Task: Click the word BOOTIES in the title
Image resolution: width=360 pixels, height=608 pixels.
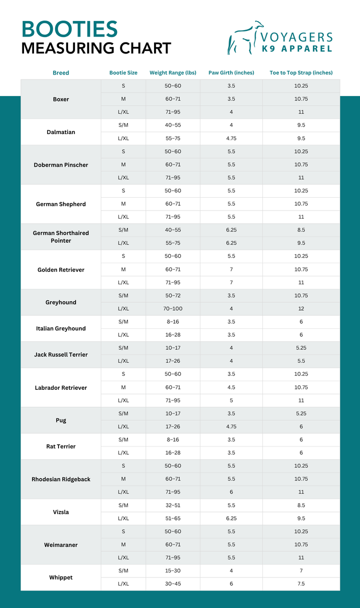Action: [69, 29]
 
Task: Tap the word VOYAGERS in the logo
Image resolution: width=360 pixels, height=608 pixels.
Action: [297, 37]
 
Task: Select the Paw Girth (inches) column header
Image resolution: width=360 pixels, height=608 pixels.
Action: [231, 73]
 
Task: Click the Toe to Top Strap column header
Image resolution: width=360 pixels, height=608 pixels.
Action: [301, 73]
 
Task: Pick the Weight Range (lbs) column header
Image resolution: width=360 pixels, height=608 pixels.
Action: [173, 73]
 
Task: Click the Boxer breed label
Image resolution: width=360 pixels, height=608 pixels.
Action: [61, 99]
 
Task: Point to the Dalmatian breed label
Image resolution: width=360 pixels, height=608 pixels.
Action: [61, 132]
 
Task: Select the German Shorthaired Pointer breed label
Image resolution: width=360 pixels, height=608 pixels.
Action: [61, 237]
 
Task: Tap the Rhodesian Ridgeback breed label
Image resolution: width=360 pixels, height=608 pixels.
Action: [61, 479]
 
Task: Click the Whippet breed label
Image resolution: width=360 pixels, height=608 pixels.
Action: [61, 577]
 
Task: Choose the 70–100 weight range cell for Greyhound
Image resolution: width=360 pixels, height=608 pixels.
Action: [173, 309]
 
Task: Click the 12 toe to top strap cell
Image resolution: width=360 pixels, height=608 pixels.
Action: [301, 309]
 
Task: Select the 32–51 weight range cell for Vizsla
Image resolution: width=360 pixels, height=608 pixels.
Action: [173, 505]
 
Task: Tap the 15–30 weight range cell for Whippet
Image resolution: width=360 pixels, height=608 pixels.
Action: [173, 571]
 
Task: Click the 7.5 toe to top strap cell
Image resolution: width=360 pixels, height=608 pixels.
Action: [301, 584]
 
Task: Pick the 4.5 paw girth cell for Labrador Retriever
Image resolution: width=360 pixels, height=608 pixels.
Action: [231, 387]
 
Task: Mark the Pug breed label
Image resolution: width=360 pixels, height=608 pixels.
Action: [61, 420]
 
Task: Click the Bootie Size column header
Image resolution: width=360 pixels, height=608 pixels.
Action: [123, 73]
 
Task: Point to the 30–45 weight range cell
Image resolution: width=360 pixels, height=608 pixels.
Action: [173, 584]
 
